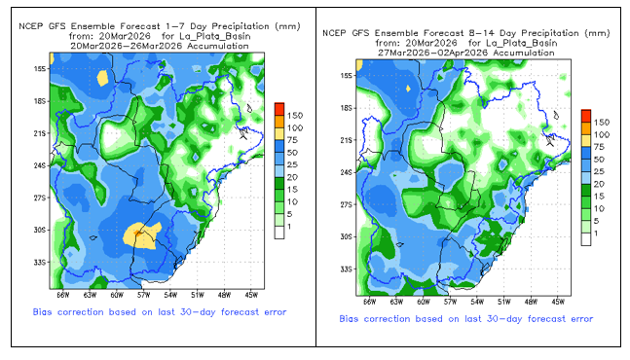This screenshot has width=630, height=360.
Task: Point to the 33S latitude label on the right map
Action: (346, 269)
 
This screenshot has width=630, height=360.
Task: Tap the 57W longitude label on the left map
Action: (143, 295)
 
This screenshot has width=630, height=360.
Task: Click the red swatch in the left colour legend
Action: (279, 109)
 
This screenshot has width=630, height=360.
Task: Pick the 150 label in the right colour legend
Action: (602, 122)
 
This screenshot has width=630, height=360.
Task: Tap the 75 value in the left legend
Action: (292, 140)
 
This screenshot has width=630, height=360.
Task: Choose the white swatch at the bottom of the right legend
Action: (586, 239)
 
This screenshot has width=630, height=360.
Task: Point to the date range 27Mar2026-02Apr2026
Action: (432, 53)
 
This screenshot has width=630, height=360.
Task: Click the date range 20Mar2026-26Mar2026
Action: (126, 46)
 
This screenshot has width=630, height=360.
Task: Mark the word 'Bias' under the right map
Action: (349, 319)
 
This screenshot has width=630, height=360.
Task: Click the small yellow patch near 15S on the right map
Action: (409, 89)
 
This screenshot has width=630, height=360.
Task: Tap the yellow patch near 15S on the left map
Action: (103, 78)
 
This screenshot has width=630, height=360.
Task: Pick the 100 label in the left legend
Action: (294, 128)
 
